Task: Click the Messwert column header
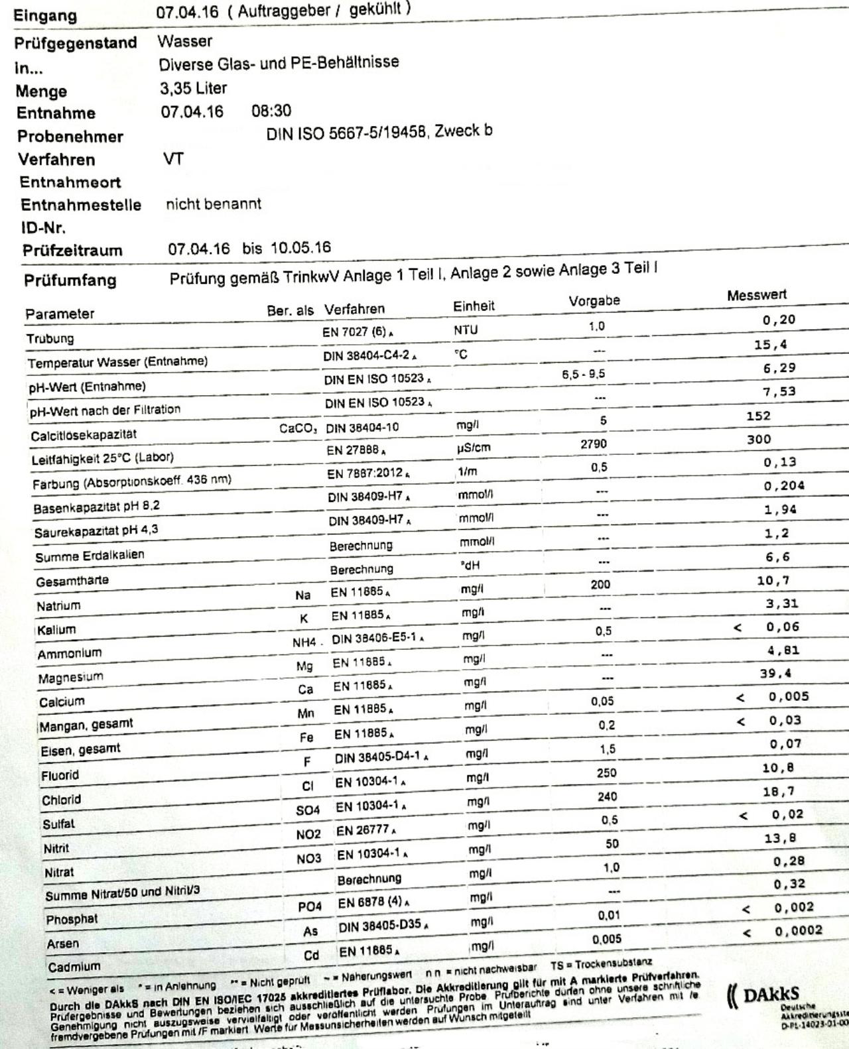coord(757,295)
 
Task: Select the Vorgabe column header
coord(594,301)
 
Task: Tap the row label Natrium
coord(58,605)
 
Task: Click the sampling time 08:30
coord(271,111)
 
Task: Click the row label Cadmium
coord(74,966)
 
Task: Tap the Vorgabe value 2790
coord(593,444)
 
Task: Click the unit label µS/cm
coord(474,448)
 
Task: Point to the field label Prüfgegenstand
coord(76,43)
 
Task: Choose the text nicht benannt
coord(213,204)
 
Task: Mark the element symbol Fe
coord(306,737)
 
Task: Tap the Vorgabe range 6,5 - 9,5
coord(583,374)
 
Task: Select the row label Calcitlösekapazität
coord(83,435)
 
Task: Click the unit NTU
coord(466,330)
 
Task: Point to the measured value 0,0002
coord(798,930)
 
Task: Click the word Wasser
coord(185,41)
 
